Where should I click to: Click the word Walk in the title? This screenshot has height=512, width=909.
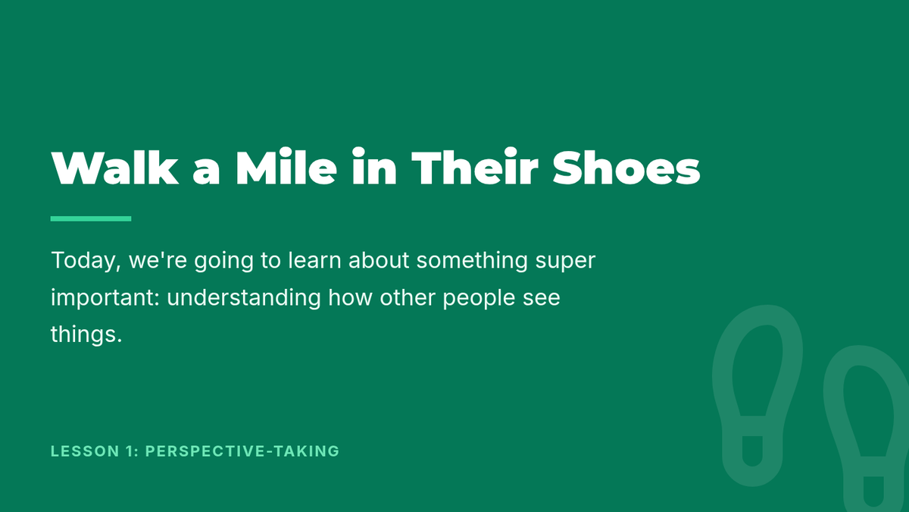click(115, 168)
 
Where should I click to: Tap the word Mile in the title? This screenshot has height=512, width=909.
click(286, 167)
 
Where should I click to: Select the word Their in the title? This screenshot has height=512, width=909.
click(475, 167)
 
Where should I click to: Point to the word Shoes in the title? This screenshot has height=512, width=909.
click(626, 168)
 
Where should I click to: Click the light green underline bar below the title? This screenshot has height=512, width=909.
click(91, 218)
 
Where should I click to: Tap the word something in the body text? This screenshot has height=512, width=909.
click(472, 261)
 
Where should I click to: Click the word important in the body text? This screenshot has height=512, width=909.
click(105, 298)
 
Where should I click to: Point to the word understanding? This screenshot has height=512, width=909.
click(244, 298)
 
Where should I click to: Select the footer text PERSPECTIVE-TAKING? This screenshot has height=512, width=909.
click(242, 451)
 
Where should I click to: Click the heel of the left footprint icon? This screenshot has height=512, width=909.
click(752, 471)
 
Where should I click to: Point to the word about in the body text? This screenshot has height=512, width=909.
click(379, 260)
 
